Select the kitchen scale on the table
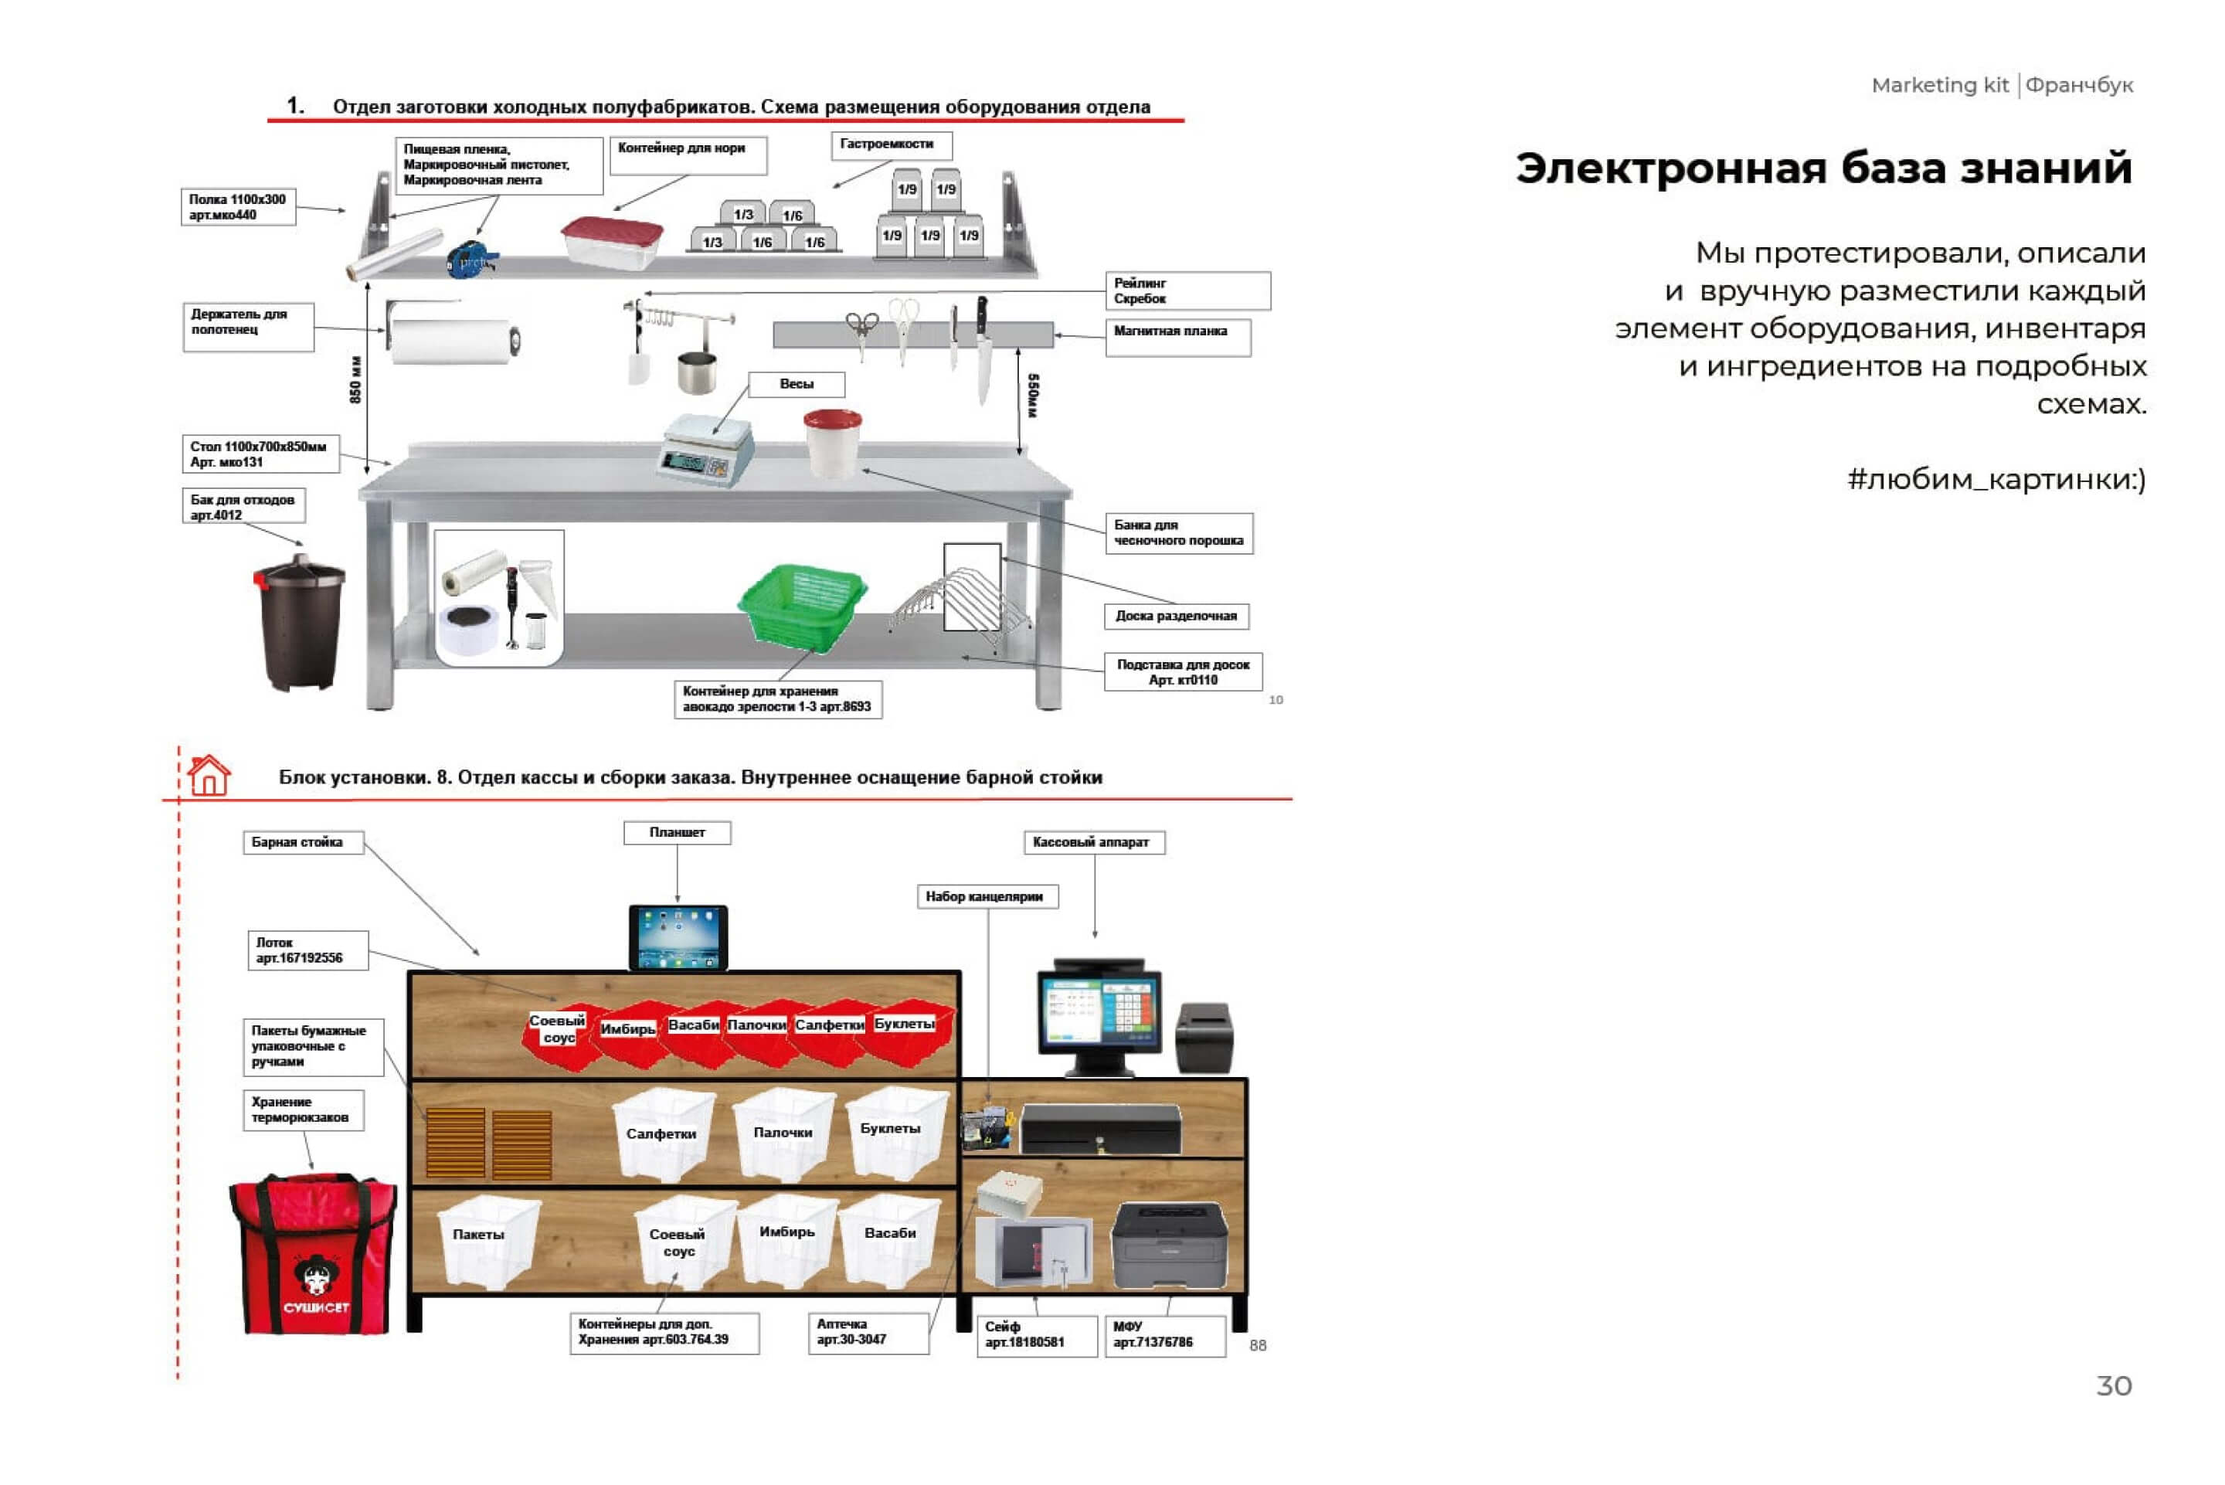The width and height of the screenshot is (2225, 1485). pos(705,450)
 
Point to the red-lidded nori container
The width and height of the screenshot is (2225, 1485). pos(612,243)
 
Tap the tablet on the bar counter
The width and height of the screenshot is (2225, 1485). pos(678,938)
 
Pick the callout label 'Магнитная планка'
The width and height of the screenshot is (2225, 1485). pos(1170,331)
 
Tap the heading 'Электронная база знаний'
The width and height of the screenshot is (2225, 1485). pos(1822,168)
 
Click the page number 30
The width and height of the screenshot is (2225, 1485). pos(2113,1385)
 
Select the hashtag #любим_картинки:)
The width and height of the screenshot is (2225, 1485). pos(1996,479)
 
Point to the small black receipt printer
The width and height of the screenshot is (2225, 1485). pos(1204,1037)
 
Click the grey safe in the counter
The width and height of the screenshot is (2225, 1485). pos(1033,1252)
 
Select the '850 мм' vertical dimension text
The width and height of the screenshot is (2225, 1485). pos(356,380)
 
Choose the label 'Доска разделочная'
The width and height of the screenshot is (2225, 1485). pos(1176,617)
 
